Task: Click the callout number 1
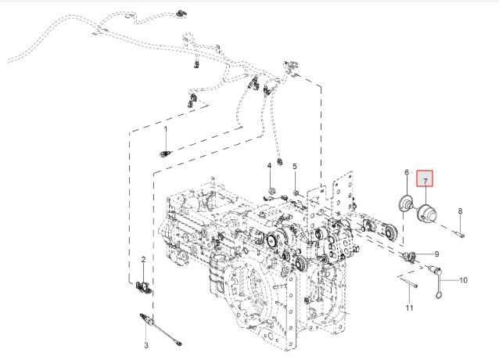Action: tap(165, 128)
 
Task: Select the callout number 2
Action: tap(143, 259)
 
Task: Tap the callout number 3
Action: tap(145, 345)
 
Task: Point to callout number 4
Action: tap(269, 166)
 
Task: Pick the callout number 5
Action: tap(295, 167)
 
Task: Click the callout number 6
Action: tap(407, 172)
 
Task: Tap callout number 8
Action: tap(460, 211)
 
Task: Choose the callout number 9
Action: tap(436, 254)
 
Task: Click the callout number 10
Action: tap(462, 279)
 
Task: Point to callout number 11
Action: tap(409, 308)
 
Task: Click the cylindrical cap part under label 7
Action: tap(427, 213)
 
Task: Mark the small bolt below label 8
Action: tap(461, 232)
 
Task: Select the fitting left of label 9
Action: tap(407, 256)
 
